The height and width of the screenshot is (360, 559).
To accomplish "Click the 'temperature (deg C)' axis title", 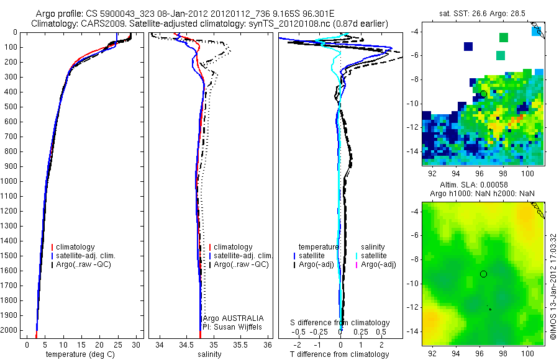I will pyautogui.click(x=81, y=354).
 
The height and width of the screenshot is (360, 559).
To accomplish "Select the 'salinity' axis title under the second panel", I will pyautogui.click(x=210, y=354).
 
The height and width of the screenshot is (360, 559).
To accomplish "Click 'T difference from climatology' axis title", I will pyautogui.click(x=339, y=354).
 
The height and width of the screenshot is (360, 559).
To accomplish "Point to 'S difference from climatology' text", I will pyautogui.click(x=340, y=323).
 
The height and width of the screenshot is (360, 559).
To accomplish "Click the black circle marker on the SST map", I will pyautogui.click(x=483, y=94).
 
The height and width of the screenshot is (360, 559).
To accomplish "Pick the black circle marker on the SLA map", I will pyautogui.click(x=483, y=274).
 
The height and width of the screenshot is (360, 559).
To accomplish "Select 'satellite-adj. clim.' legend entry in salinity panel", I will pyautogui.click(x=243, y=256).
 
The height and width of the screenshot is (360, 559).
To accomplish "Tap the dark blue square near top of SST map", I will pyautogui.click(x=468, y=47).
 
